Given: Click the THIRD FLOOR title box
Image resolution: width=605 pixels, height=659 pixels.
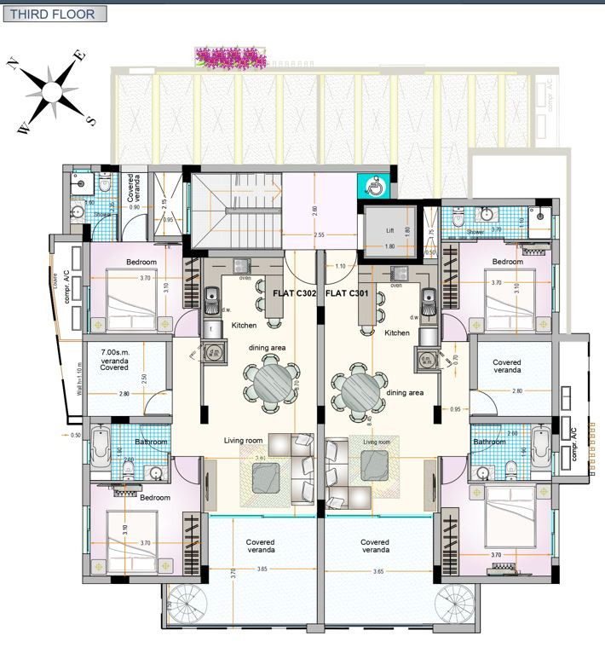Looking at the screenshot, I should click(57, 14).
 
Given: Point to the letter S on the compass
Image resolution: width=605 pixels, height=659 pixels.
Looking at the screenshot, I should click(90, 119).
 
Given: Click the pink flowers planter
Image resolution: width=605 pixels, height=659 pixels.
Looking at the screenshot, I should click(228, 58).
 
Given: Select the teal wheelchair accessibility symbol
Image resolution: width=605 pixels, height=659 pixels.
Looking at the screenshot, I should click(373, 185).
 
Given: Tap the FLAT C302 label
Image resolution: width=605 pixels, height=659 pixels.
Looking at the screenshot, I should click(294, 292).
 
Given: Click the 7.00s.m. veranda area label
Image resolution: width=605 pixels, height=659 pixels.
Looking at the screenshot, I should click(114, 359).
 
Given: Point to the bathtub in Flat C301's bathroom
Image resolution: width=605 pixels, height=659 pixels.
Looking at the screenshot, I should click(539, 444).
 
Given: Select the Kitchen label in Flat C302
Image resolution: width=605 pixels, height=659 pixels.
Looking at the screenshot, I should click(244, 325).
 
